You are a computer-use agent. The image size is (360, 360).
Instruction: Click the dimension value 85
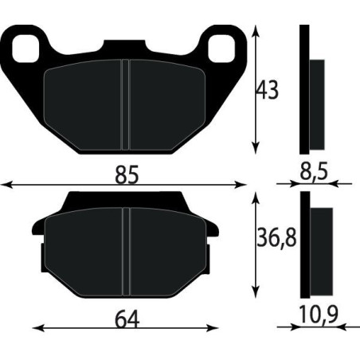[x=126, y=174]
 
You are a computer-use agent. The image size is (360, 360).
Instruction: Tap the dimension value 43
[x=268, y=90]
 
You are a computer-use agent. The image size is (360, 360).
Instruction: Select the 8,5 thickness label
[x=314, y=168]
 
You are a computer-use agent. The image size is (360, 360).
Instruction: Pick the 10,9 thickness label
[x=315, y=315]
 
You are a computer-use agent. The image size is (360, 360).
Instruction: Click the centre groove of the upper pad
[x=123, y=104]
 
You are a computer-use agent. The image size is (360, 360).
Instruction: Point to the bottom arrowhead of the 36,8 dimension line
[x=255, y=293]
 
